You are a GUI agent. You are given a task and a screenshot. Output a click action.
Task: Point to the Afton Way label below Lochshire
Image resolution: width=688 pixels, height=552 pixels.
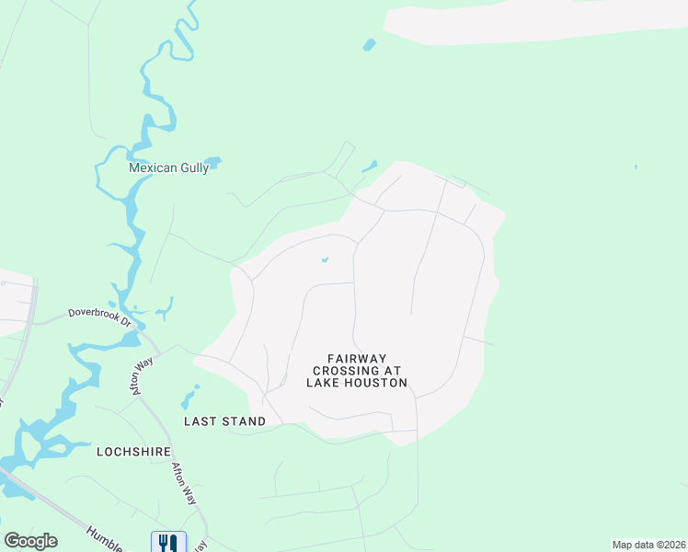click(184, 483)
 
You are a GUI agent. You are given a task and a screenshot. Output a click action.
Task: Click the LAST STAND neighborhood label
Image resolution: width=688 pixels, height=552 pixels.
click(224, 421)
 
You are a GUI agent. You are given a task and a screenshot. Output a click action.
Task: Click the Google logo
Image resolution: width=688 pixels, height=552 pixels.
click(30, 541)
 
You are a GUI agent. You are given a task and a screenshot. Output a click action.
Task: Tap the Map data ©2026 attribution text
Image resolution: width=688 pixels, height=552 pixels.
click(648, 545)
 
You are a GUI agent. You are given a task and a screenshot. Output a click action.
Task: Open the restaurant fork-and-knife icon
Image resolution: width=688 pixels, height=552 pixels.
click(168, 543)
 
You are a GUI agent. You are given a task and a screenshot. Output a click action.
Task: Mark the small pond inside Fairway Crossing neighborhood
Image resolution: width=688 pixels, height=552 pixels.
click(325, 259)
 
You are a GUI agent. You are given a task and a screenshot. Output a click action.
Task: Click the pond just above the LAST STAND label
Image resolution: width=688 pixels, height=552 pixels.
click(189, 397)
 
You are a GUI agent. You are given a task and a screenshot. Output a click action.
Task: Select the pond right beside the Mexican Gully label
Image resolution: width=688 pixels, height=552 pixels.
click(212, 163)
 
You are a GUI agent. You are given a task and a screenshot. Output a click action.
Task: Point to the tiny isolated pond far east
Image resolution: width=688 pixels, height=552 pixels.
click(636, 167)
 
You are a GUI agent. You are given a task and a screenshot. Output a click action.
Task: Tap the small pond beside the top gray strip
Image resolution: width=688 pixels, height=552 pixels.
click(369, 43)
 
